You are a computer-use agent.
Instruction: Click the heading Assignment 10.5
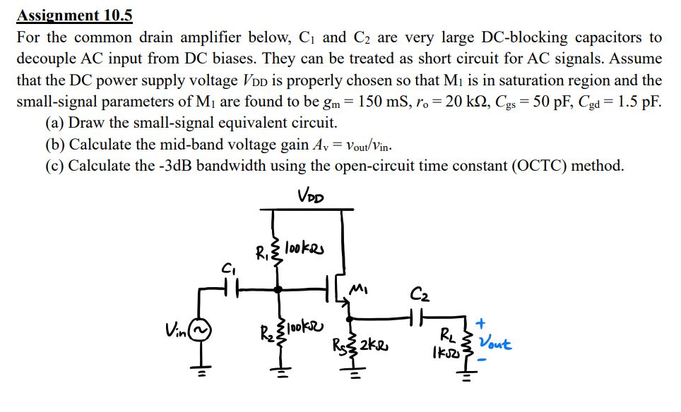(75, 15)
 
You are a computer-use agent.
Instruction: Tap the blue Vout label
(495, 344)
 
